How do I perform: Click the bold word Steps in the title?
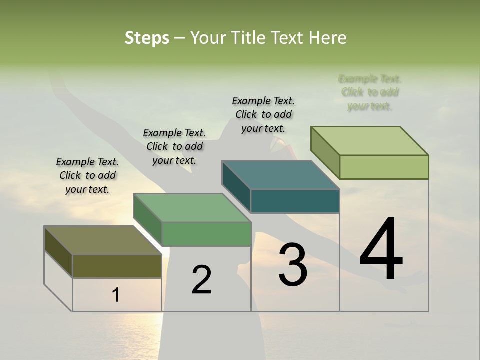click(x=147, y=38)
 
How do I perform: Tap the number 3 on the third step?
click(x=292, y=264)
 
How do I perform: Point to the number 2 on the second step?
click(x=201, y=280)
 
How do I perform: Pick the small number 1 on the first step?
click(x=115, y=295)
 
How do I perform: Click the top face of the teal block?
click(x=280, y=175)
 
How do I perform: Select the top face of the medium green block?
click(x=192, y=208)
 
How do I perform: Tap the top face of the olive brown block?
click(x=102, y=240)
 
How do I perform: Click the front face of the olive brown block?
click(x=117, y=266)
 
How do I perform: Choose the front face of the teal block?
click(x=295, y=201)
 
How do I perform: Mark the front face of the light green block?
click(x=384, y=167)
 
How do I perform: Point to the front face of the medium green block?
click(x=206, y=234)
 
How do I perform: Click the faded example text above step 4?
click(x=370, y=92)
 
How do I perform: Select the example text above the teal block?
click(x=263, y=114)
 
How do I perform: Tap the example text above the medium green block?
click(x=174, y=146)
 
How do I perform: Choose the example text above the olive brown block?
click(x=87, y=175)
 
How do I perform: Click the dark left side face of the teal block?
click(x=236, y=186)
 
